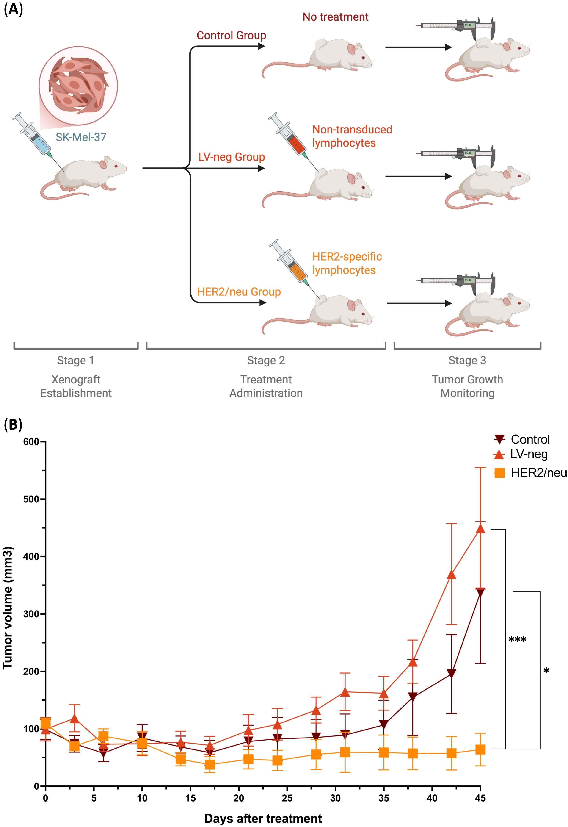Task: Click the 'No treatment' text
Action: pyautogui.click(x=335, y=17)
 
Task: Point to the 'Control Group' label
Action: pyautogui.click(x=231, y=36)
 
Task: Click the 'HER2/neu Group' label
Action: pyautogui.click(x=239, y=292)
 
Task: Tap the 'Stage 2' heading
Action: pyautogui.click(x=266, y=361)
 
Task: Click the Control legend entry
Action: pyautogui.click(x=522, y=439)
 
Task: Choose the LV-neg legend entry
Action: pyautogui.click(x=521, y=454)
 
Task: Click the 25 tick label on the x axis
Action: pyautogui.click(x=287, y=798)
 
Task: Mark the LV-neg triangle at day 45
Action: pyautogui.click(x=480, y=529)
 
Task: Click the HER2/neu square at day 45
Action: pyautogui.click(x=480, y=749)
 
